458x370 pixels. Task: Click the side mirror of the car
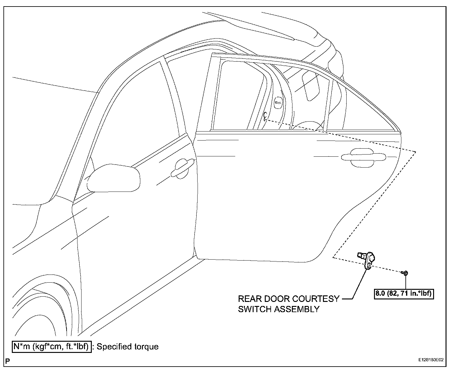tap(113, 178)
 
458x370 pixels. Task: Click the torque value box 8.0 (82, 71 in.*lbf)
tap(404, 293)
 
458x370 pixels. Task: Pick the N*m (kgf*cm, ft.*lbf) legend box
tap(52, 346)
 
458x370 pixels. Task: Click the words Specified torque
tap(128, 346)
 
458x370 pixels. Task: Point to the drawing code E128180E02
tap(431, 360)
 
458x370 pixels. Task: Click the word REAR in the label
tap(250, 299)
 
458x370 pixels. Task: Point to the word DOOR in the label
tap(277, 299)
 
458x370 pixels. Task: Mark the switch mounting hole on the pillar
tap(265, 116)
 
